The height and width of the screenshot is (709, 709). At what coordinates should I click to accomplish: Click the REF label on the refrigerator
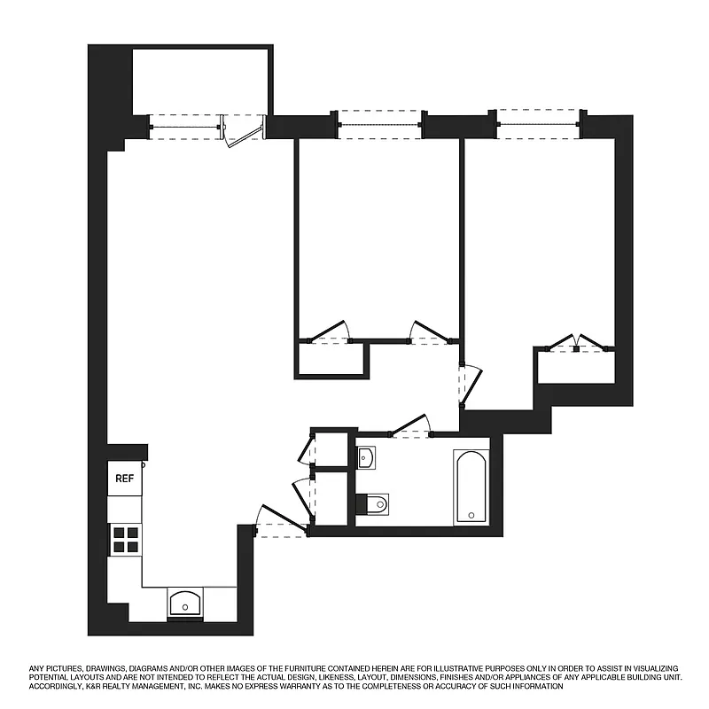pos(124,479)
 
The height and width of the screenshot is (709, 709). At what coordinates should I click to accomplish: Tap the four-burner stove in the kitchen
pos(125,539)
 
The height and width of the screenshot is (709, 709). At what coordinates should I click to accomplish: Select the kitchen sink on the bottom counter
pos(185,604)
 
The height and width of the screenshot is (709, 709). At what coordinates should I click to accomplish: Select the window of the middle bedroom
pos(380,124)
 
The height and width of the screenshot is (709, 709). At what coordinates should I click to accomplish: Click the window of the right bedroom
pos(538,121)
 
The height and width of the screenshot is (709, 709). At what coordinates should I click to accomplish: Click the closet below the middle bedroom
pos(331,359)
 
